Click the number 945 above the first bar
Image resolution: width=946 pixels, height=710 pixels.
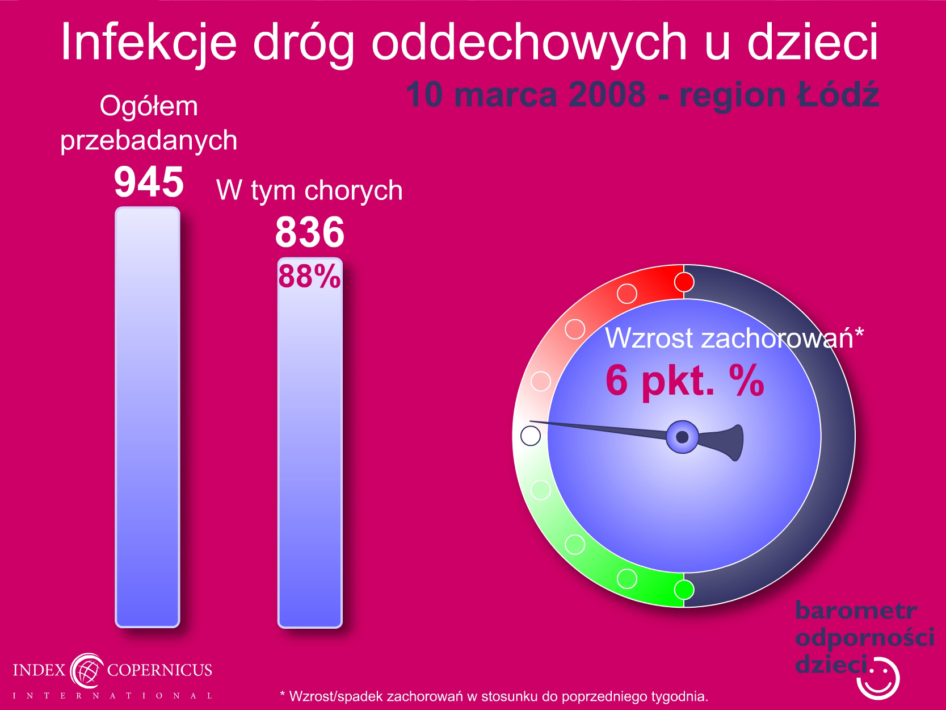point(149,182)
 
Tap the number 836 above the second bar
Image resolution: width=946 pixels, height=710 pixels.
point(310,232)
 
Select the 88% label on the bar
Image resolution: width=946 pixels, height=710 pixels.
point(309,276)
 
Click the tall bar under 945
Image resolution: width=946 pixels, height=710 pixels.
point(148,417)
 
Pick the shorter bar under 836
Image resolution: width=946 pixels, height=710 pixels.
point(310,442)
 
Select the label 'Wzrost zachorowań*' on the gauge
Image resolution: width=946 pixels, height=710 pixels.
point(734,338)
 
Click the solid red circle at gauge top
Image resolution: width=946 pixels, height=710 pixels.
point(684,282)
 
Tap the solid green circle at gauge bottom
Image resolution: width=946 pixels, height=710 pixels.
point(684,589)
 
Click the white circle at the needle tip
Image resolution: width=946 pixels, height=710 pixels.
point(531,436)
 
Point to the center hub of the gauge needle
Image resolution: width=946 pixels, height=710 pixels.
point(682,437)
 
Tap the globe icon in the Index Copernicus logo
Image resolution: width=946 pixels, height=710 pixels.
point(87,670)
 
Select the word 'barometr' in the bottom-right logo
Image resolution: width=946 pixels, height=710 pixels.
point(856,611)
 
